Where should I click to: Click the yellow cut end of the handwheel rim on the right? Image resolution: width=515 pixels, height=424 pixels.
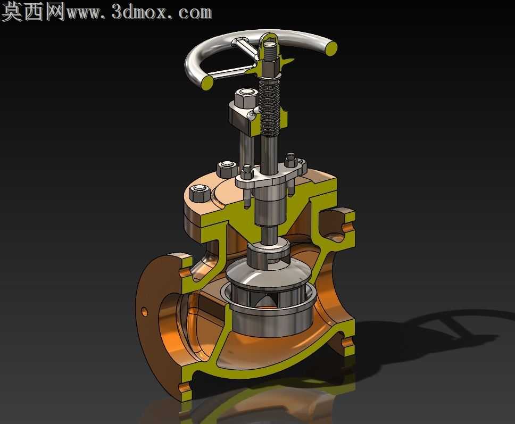coord(331,47)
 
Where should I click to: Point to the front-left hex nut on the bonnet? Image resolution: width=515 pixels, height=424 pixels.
coord(200,193)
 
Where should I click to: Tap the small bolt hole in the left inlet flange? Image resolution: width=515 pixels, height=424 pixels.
coord(145,311)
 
